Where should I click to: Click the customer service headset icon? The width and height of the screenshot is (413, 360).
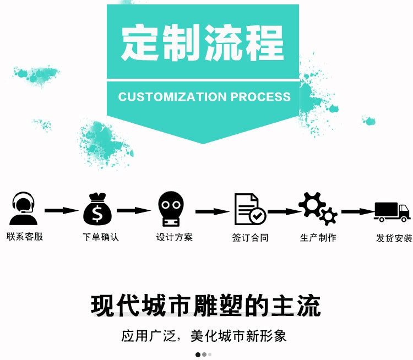point(23,208)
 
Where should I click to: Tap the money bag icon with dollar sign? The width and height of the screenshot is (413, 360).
point(97,209)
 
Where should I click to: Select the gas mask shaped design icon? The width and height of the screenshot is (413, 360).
point(171,209)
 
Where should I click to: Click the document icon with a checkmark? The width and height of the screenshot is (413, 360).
point(250,209)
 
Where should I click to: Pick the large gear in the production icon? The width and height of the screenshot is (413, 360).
point(312,204)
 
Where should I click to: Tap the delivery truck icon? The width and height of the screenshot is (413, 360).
point(392,212)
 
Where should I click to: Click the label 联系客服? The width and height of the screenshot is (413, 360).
point(25,237)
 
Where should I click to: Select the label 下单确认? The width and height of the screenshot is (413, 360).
point(101,237)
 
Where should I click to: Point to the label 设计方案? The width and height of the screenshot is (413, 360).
point(175,237)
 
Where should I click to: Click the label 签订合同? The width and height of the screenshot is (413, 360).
point(250,238)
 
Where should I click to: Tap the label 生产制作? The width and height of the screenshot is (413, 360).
point(318,238)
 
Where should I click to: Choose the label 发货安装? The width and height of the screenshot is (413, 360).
point(394,238)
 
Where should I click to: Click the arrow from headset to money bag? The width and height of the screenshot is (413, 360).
point(62,210)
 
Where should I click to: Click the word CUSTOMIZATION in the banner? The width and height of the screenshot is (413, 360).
point(172,97)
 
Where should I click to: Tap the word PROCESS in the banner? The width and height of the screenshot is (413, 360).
point(260,97)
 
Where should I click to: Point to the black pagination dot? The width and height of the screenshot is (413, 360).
point(198,354)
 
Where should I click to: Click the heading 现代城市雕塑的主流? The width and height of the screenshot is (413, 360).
point(206,306)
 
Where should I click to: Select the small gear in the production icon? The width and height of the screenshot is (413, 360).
point(328,216)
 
